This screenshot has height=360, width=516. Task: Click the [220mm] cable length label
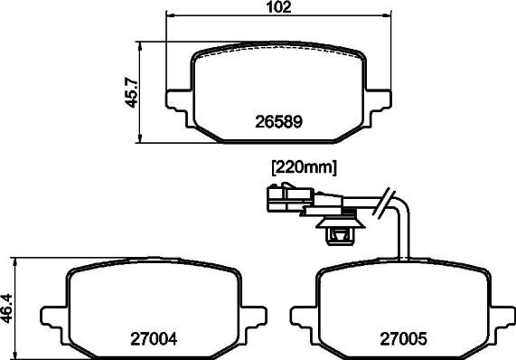click(304, 166)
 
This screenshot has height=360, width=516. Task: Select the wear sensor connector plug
click(286, 197)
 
